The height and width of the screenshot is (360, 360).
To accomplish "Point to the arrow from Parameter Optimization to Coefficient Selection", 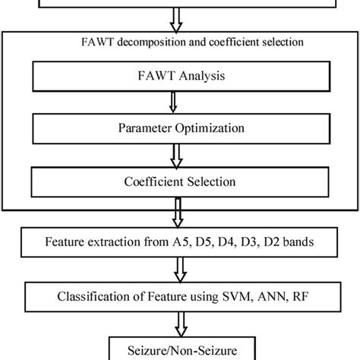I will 177,155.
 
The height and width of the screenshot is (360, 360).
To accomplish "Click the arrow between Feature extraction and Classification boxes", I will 180,267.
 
